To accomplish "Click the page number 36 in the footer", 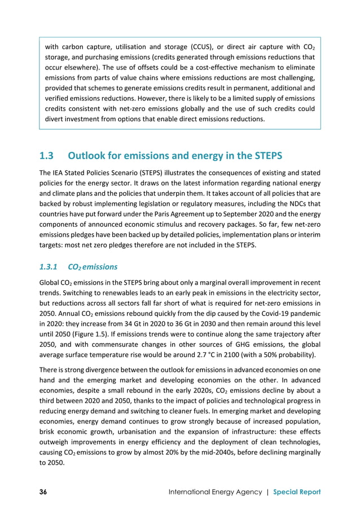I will click(x=43, y=492).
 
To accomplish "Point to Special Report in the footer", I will click(x=297, y=492).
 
